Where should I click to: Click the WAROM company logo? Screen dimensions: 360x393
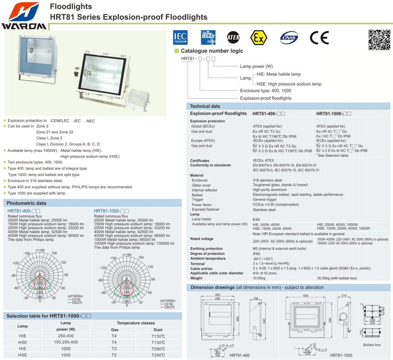pyautogui.click(x=24, y=16)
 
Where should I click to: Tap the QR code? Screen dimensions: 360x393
pyautogui.click(x=379, y=40)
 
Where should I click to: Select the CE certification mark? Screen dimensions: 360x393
pyautogui.click(x=319, y=38)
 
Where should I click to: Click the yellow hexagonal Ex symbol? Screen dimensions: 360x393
pyautogui.click(x=258, y=38)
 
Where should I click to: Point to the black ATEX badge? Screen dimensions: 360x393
pyautogui.click(x=233, y=38)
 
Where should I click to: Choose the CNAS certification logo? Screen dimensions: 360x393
pyautogui.click(x=289, y=38)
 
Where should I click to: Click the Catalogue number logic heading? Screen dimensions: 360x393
pyautogui.click(x=212, y=51)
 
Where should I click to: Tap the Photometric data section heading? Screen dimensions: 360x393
pyautogui.click(x=26, y=203)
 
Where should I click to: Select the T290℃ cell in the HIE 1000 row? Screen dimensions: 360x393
pyautogui.click(x=158, y=349)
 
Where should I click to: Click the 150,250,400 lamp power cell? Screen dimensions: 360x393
pyautogui.click(x=66, y=342)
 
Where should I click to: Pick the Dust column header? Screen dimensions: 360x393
pyautogui.click(x=158, y=330)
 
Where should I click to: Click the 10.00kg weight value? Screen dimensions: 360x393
pyautogui.click(x=259, y=278)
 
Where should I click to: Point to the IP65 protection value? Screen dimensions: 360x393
pyautogui.click(x=256, y=254)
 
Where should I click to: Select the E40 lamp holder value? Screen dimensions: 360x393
pyautogui.click(x=256, y=220)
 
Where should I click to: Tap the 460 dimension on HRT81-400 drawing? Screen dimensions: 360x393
pyautogui.click(x=217, y=295)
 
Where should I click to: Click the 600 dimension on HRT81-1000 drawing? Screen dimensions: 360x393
pyautogui.click(x=306, y=296)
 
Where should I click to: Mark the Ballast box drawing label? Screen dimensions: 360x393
pyautogui.click(x=372, y=345)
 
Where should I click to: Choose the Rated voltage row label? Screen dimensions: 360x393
pyautogui.click(x=202, y=239)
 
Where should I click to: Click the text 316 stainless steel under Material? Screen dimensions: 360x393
pyautogui.click(x=267, y=180)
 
